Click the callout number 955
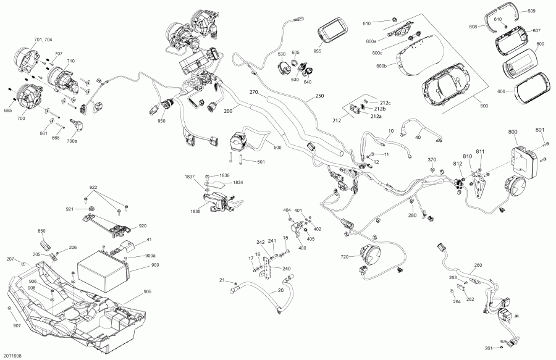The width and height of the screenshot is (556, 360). (x=318, y=51)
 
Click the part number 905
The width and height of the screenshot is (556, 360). (x=147, y=291)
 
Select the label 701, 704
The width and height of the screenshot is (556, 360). (x=43, y=40)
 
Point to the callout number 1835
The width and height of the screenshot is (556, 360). (x=195, y=212)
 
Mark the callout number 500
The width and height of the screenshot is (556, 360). (x=277, y=148)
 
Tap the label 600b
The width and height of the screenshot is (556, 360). (x=381, y=65)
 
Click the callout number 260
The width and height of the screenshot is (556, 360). (x=478, y=265)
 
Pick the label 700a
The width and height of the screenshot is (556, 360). (x=72, y=141)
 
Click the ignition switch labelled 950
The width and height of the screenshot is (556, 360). (x=167, y=104)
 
